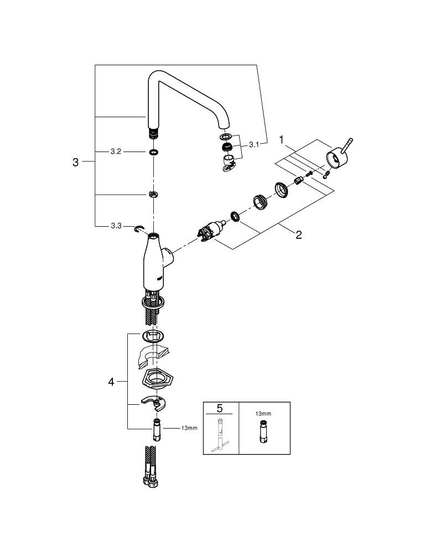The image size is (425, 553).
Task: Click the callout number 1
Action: point(282,141)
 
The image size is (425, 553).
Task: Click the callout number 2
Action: point(299,234)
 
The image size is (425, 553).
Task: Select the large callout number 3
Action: point(76,162)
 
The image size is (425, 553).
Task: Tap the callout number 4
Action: point(111,382)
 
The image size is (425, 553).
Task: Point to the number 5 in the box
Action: point(220,409)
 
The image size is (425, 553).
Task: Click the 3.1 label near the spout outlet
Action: point(254,144)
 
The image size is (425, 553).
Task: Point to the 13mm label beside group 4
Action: point(189,428)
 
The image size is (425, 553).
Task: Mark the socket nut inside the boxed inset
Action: point(262,432)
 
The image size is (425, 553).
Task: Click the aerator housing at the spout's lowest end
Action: point(229,162)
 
